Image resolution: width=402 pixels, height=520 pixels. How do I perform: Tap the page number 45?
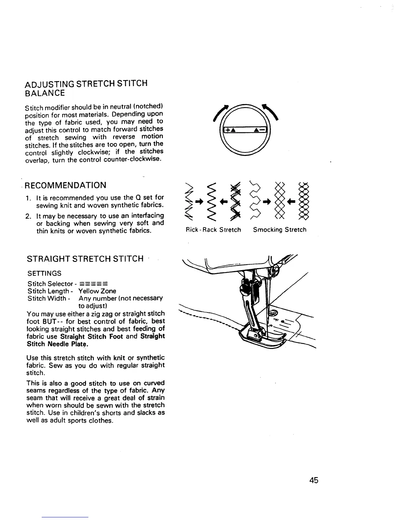313,480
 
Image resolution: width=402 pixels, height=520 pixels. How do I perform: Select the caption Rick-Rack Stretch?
213,230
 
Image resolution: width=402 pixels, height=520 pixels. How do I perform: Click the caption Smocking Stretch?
279,230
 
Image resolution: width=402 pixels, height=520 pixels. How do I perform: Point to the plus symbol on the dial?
226,130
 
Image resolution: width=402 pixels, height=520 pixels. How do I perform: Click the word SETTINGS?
44,273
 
